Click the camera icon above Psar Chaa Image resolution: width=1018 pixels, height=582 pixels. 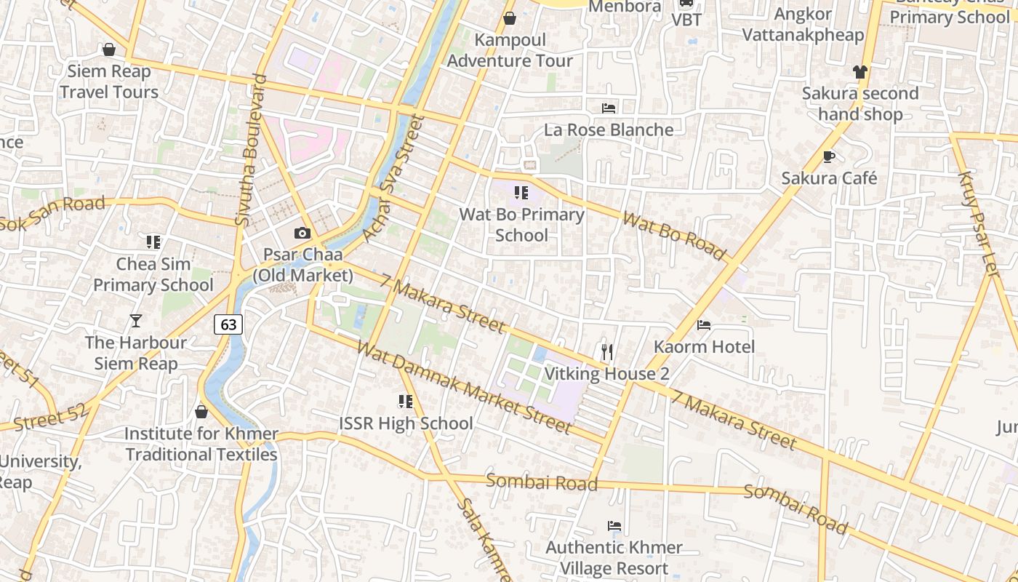point(302,234)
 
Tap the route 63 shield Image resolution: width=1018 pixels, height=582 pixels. point(228,324)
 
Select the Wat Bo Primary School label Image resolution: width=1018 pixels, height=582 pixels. point(521,225)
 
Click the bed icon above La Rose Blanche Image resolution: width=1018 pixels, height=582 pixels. point(609,108)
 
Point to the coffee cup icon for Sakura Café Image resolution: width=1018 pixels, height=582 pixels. point(829,156)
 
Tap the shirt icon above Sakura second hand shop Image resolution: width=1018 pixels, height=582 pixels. point(860,71)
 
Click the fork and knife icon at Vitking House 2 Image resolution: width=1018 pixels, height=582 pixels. point(607,352)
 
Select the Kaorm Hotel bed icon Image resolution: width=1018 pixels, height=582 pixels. point(704,324)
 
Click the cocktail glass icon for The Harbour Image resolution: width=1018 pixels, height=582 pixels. point(135,320)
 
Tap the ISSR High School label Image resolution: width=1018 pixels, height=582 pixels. point(406,423)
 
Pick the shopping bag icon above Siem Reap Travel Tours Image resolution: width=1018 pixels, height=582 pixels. point(109,49)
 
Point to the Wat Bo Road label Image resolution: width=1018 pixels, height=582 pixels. point(674,236)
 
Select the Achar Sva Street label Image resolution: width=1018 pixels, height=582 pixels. point(392,178)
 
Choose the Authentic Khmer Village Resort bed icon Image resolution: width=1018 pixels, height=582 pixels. point(614,525)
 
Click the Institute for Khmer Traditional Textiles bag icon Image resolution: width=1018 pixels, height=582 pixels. point(201,412)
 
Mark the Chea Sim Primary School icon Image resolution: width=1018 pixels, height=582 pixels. point(153,242)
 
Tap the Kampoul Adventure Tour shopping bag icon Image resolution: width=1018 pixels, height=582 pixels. point(510,18)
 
